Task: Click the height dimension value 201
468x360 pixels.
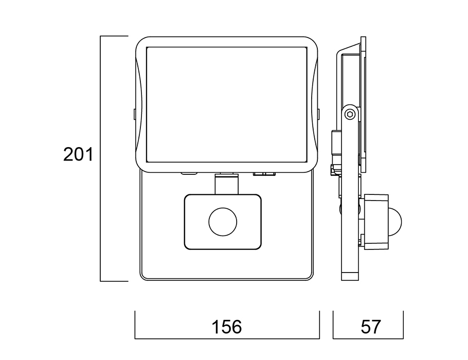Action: click(x=78, y=154)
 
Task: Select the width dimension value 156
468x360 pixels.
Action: click(x=227, y=327)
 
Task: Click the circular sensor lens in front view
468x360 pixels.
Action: click(x=223, y=222)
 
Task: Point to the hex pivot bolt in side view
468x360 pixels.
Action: click(x=350, y=114)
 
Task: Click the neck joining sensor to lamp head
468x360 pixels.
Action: click(x=227, y=184)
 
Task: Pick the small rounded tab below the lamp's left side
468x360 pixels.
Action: click(x=189, y=173)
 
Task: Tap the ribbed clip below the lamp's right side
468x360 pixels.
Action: click(x=263, y=173)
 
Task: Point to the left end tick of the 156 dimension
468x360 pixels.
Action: click(x=135, y=325)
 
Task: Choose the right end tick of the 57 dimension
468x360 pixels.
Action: click(x=403, y=325)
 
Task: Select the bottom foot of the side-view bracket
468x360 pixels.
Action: click(x=350, y=276)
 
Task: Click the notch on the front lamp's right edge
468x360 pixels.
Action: click(x=319, y=113)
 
